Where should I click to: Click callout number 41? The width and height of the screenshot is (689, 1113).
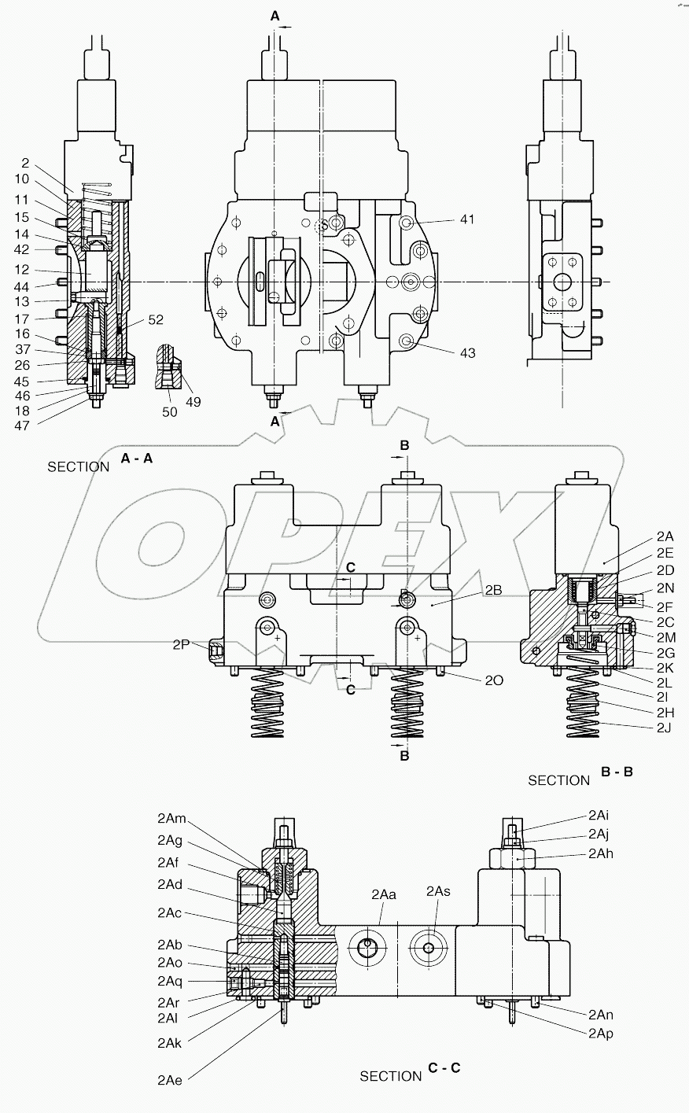[x=467, y=220]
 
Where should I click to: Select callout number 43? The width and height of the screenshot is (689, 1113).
[x=467, y=353]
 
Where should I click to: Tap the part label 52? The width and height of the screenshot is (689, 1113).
[x=155, y=319]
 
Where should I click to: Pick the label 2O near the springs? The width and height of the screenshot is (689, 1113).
[x=494, y=680]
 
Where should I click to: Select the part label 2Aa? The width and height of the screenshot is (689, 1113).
[x=383, y=894]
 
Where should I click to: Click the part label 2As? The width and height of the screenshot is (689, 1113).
[x=438, y=890]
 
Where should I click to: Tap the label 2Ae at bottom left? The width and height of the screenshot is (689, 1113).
[x=169, y=1081]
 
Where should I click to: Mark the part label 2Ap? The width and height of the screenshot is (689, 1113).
[x=600, y=1034]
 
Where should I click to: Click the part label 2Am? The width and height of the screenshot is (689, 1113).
[x=171, y=819]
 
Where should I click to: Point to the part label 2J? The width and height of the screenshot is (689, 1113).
[x=664, y=727]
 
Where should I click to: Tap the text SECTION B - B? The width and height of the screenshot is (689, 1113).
[x=580, y=778]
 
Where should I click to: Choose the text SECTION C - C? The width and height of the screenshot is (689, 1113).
[x=410, y=1074]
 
